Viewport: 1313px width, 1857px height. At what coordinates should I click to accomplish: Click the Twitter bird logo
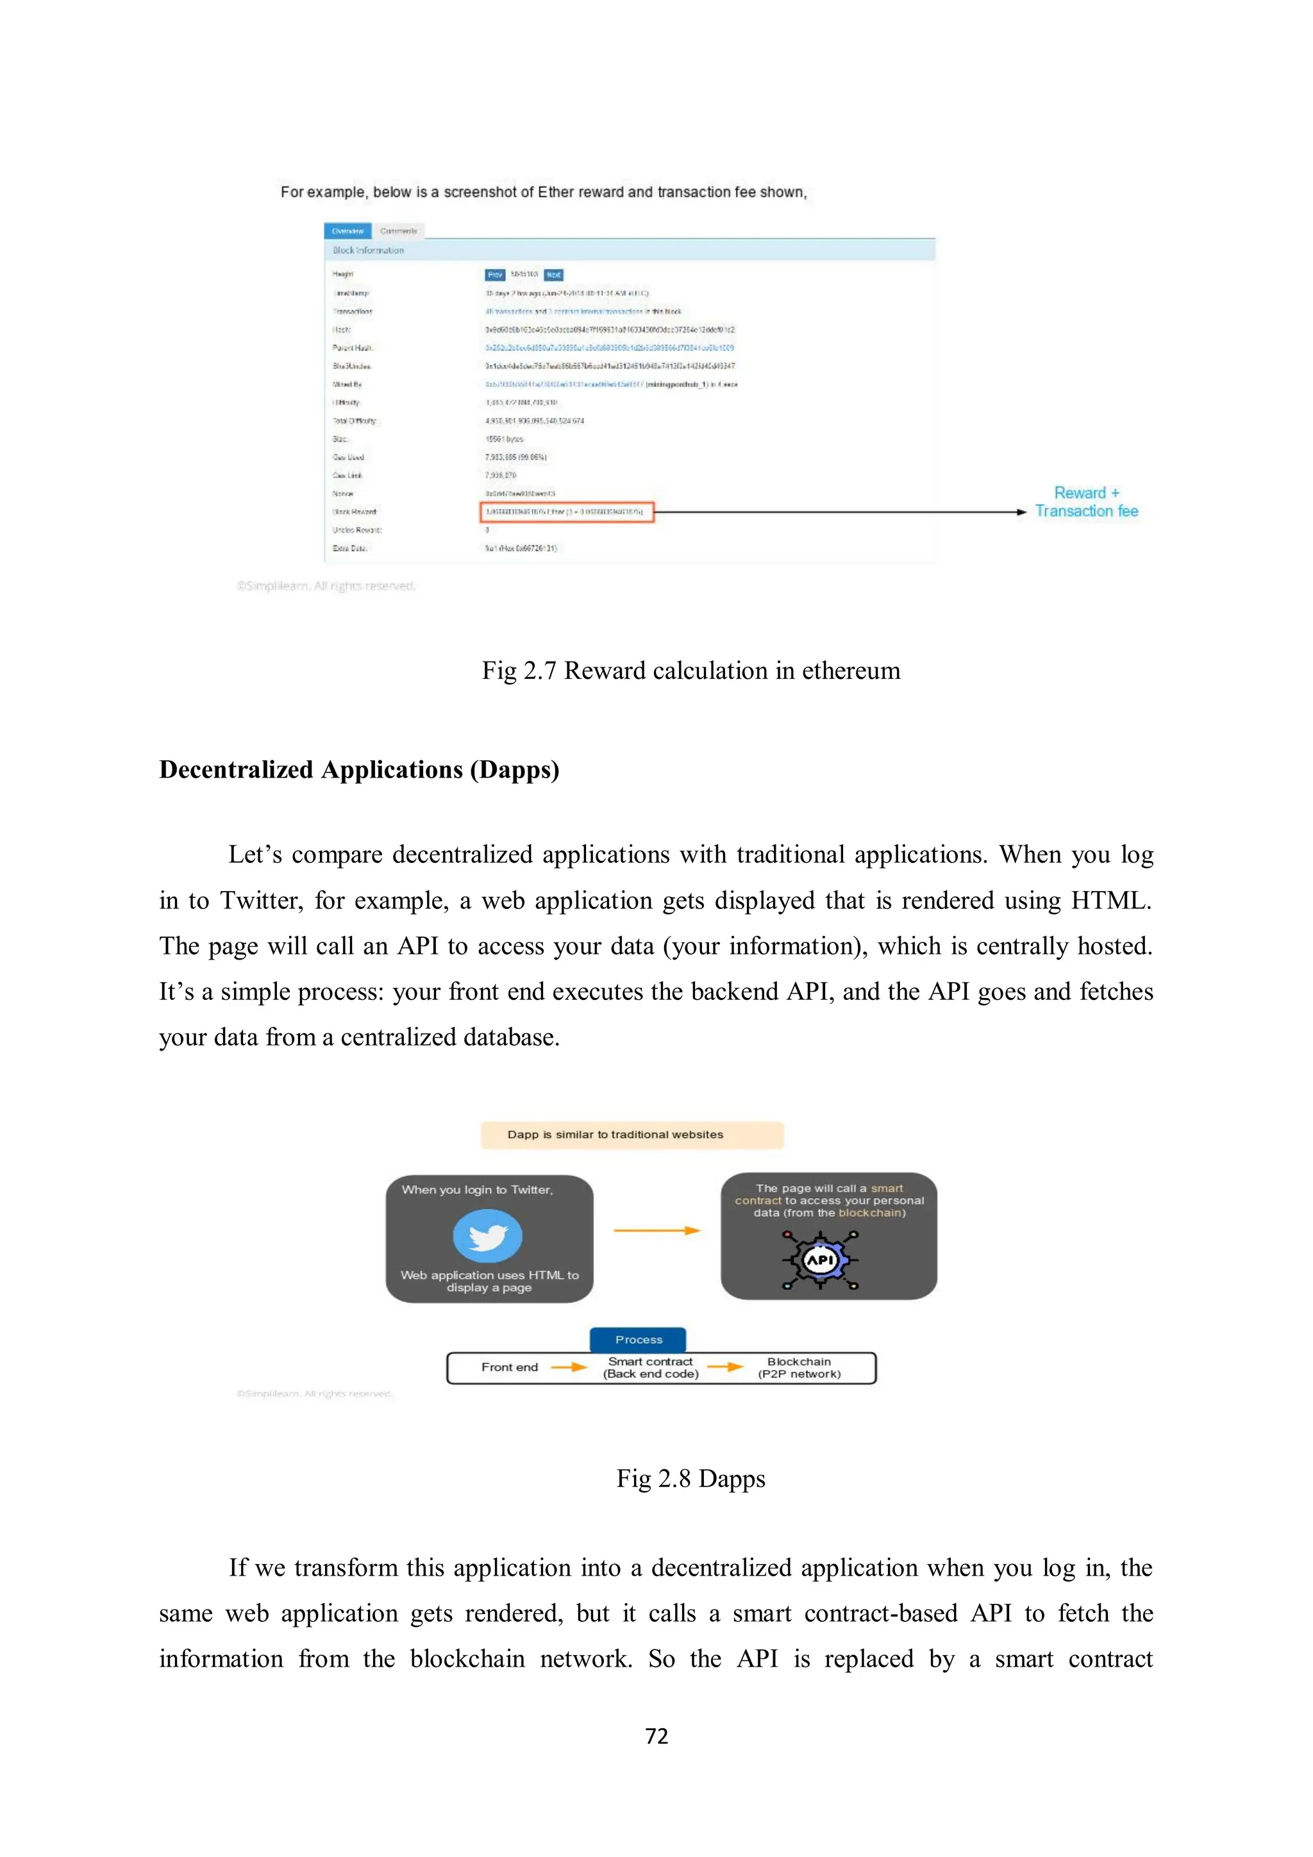point(488,1236)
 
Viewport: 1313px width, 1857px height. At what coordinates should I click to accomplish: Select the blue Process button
point(639,1339)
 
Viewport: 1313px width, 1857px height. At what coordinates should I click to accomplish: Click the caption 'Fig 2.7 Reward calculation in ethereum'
point(691,670)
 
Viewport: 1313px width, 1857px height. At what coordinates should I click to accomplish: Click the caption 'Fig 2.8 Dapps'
point(691,1478)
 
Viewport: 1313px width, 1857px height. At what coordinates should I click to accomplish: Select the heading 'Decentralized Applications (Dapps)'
point(359,769)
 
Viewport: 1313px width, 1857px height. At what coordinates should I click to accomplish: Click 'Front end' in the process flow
point(510,1367)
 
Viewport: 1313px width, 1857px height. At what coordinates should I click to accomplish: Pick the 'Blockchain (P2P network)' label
point(799,1368)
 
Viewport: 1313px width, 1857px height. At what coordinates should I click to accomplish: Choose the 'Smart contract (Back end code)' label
point(651,1368)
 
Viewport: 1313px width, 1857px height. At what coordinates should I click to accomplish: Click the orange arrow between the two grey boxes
point(656,1230)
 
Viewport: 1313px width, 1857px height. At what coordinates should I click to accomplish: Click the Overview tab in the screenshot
point(348,231)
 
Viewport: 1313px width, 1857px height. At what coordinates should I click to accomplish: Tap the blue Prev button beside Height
point(495,275)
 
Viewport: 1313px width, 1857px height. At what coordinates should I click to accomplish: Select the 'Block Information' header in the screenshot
point(368,251)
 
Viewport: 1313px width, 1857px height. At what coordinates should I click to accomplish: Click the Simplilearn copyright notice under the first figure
point(326,586)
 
